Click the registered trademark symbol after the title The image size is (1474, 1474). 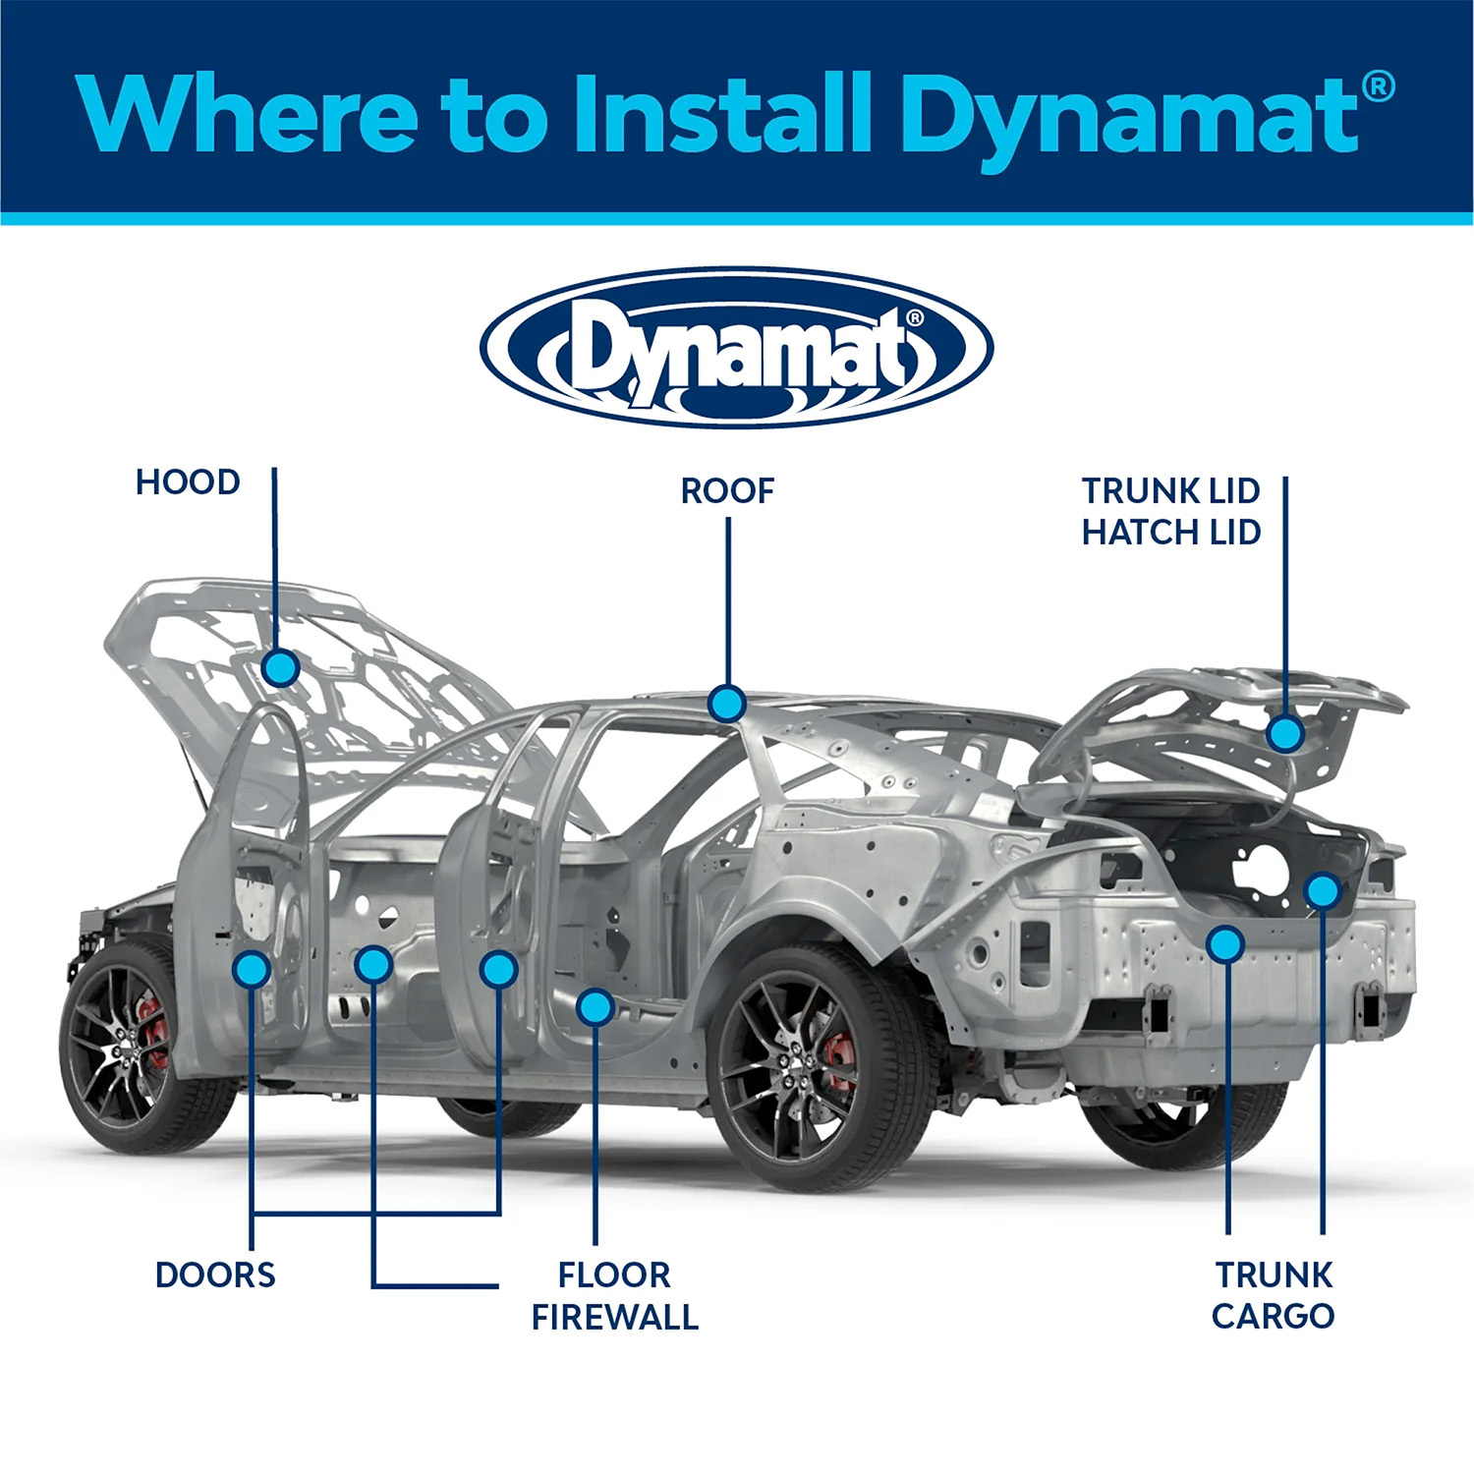pos(1379,86)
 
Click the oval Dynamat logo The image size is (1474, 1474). pos(737,348)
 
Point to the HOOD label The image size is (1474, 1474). pos(188,482)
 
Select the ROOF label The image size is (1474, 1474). pos(727,491)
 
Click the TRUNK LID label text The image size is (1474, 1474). pos(1170,490)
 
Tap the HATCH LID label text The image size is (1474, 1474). pos(1170,533)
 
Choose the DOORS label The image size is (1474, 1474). pos(215,1275)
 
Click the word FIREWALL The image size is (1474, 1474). pos(615,1317)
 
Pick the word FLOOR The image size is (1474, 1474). pos(614,1275)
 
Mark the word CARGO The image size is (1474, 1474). pos(1273,1316)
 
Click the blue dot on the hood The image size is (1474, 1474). pos(281,668)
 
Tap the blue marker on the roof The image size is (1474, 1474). pos(727,704)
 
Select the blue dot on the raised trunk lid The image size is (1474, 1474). pos(1284,733)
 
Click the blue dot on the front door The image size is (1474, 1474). pos(252,969)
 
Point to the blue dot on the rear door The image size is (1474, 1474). pos(498,969)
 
